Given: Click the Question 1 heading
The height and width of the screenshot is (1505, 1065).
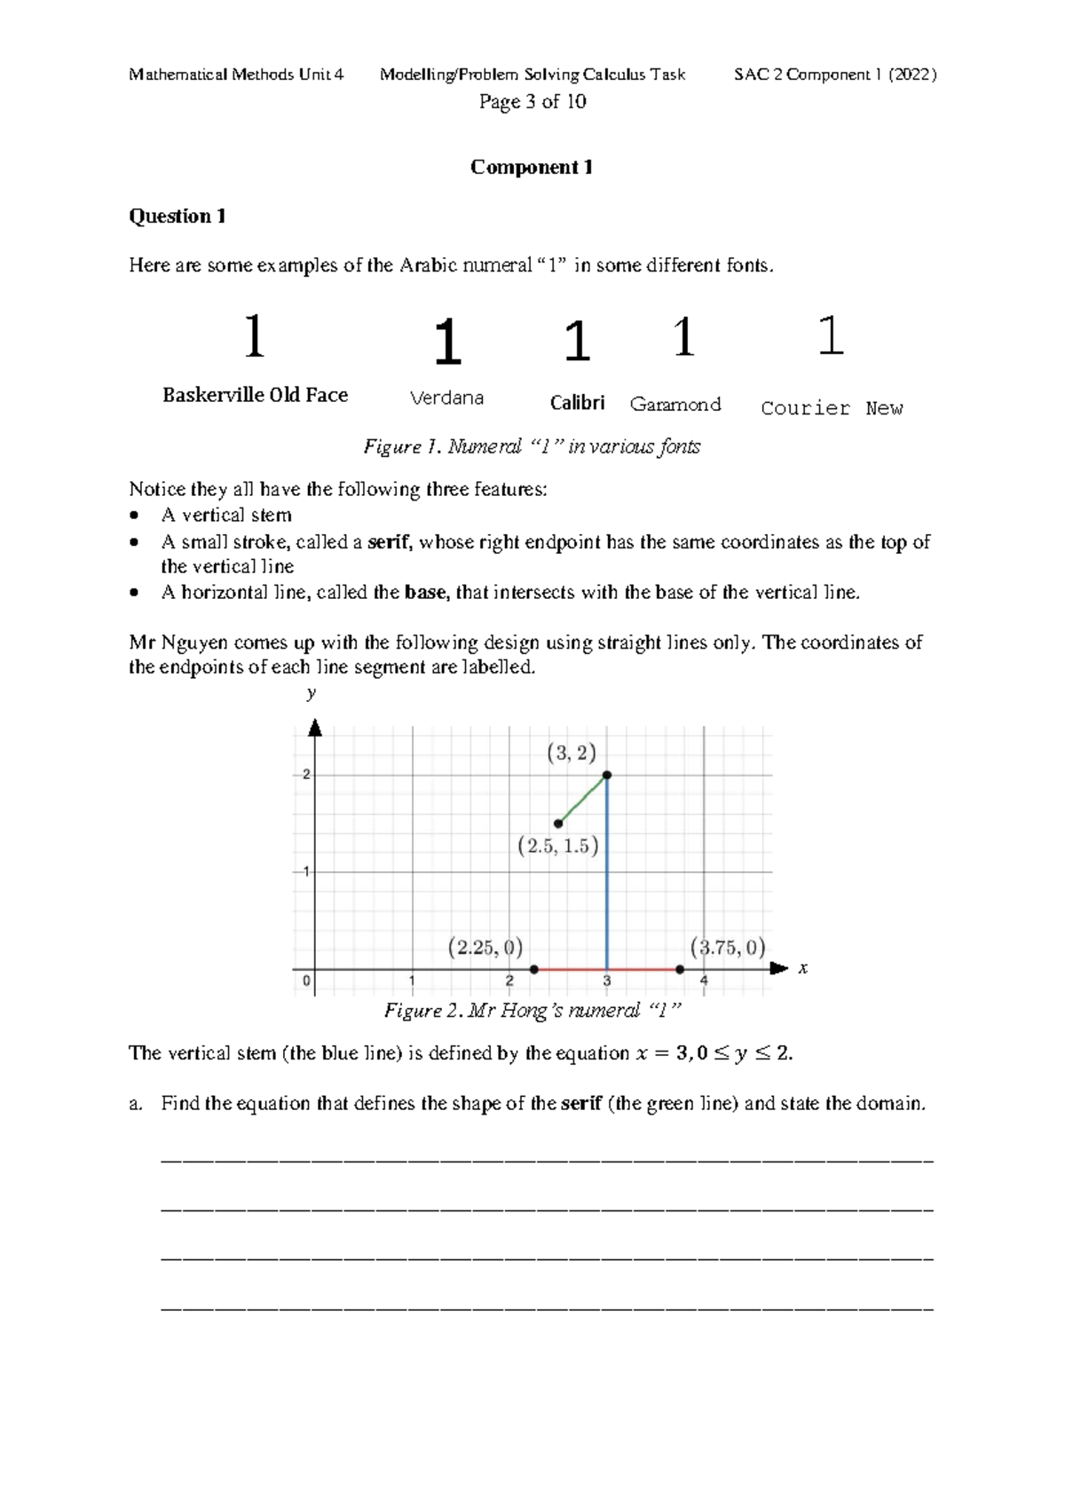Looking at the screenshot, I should (177, 217).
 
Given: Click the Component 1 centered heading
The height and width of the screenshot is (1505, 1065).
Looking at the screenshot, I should (532, 168).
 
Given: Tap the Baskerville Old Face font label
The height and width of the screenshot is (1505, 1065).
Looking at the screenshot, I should (255, 395).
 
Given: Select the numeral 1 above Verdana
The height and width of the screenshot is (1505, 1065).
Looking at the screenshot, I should (447, 343).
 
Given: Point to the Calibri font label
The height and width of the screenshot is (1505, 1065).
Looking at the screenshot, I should (577, 403).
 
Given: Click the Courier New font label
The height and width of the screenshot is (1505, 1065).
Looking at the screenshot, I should (832, 408).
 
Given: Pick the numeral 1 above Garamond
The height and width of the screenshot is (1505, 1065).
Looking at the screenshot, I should (682, 338).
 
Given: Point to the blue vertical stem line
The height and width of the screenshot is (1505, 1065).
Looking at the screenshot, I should (607, 879).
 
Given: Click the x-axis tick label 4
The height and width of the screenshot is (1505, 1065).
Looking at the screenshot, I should (704, 981).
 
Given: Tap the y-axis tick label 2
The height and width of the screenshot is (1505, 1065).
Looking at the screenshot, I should (306, 775).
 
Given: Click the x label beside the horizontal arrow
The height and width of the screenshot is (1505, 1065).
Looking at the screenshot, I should (802, 968).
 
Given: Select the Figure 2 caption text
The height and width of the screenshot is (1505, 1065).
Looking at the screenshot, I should (532, 1011).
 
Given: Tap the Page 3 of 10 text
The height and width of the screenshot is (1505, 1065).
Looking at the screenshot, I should (532, 102).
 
